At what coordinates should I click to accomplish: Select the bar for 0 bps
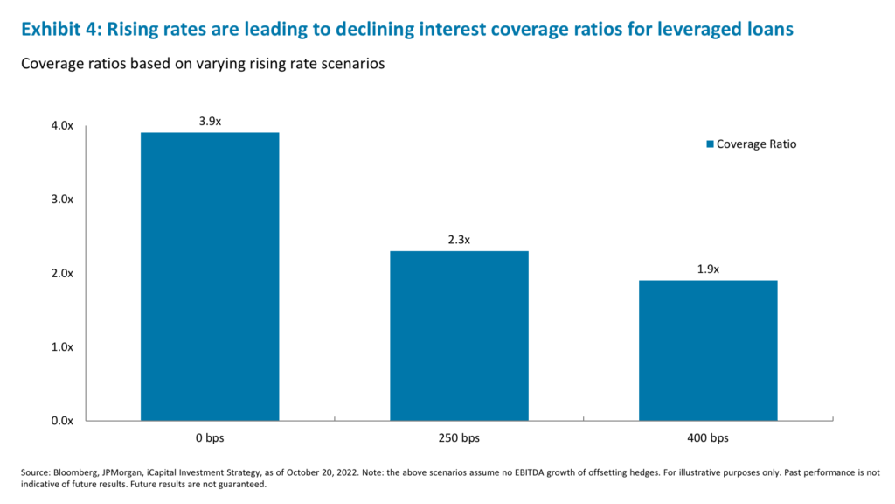point(210,276)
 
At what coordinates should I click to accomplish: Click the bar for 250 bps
point(459,335)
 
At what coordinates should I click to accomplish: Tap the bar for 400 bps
point(708,350)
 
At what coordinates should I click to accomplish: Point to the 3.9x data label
point(210,121)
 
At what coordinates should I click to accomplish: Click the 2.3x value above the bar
point(459,240)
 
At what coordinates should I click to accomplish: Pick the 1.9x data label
point(708,269)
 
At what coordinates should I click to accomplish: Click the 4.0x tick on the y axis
point(62,126)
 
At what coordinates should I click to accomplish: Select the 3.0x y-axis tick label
point(62,199)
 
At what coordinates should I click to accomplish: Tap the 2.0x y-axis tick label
point(62,274)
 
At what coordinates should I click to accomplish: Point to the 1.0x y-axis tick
point(62,347)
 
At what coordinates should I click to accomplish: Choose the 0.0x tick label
point(62,421)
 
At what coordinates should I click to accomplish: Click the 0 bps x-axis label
point(210,437)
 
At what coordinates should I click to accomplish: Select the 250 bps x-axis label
point(459,437)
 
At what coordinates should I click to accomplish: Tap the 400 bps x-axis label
point(708,437)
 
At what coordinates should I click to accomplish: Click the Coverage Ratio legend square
point(711,144)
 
